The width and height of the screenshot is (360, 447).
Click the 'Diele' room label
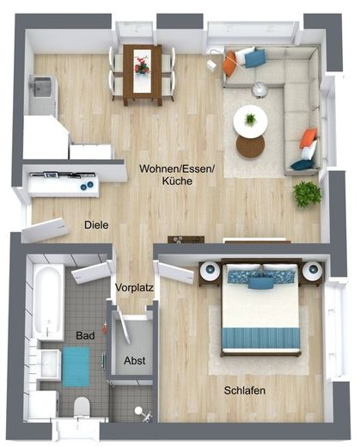(x=96, y=225)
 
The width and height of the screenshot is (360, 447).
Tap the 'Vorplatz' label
(x=134, y=287)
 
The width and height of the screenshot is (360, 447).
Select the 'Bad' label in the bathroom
(x=85, y=335)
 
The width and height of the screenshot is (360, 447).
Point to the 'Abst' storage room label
(x=135, y=360)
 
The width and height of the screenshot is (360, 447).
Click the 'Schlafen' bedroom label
(x=245, y=390)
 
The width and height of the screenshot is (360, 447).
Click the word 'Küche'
(x=177, y=181)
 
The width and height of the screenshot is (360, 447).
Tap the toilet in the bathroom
(x=82, y=407)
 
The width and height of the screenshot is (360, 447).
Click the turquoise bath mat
(x=76, y=367)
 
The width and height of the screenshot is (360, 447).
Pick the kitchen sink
(x=42, y=87)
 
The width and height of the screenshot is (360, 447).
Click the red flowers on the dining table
(x=142, y=65)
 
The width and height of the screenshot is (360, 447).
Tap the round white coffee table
(x=250, y=120)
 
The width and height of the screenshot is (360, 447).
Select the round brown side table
(x=251, y=146)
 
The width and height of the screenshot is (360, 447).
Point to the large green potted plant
(x=307, y=194)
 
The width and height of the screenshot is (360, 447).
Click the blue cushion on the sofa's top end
(x=255, y=58)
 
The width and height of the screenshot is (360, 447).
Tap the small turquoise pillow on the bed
(x=260, y=283)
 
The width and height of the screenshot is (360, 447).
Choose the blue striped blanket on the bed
(x=260, y=338)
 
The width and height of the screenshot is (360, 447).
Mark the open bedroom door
(x=177, y=272)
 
